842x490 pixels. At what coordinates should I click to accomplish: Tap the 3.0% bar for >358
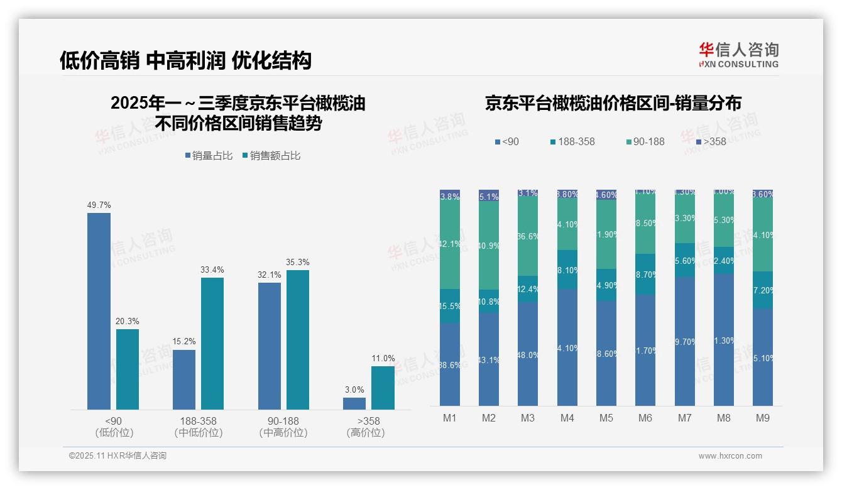click(354, 403)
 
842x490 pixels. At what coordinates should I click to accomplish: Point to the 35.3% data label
click(298, 263)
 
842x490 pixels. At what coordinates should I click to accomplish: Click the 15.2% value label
click(184, 342)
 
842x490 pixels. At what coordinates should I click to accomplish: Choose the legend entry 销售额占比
click(271, 156)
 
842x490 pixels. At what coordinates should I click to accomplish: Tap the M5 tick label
click(606, 418)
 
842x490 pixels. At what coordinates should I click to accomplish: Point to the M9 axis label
click(762, 418)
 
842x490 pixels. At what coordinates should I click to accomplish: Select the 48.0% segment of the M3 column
click(528, 354)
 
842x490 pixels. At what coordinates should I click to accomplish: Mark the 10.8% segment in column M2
click(489, 302)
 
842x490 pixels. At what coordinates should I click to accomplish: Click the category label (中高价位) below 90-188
click(283, 433)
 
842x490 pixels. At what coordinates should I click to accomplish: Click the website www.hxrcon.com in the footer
click(730, 456)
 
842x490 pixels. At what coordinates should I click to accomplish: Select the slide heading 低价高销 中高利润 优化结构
click(185, 61)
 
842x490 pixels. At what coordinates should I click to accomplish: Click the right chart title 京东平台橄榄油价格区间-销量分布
click(613, 104)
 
